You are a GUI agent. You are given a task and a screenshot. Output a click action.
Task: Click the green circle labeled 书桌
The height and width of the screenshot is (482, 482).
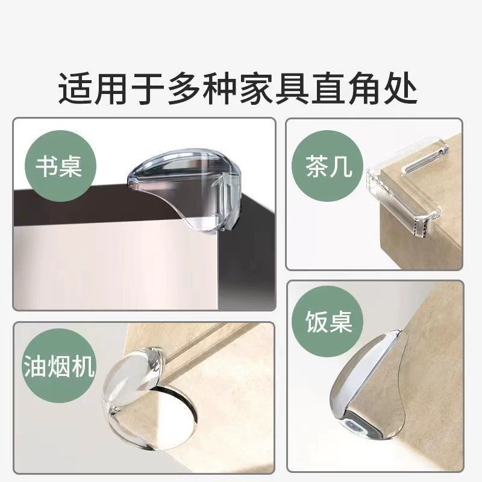(61, 166)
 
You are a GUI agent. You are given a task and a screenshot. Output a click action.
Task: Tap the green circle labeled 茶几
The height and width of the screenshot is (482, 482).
(327, 166)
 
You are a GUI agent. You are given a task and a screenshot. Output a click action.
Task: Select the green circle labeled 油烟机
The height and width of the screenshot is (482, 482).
(60, 367)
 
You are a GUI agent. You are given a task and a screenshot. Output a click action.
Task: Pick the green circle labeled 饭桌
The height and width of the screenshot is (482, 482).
(327, 322)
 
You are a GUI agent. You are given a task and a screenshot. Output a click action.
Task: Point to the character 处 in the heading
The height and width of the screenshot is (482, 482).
(399, 89)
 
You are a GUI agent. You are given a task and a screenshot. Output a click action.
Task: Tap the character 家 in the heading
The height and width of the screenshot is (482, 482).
(255, 89)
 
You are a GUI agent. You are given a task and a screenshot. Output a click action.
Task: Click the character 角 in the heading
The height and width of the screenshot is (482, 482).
(364, 89)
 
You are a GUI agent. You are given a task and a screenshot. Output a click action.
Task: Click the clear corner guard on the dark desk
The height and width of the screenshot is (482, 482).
(184, 187)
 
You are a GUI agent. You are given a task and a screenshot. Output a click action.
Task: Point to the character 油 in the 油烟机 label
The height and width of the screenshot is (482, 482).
(36, 366)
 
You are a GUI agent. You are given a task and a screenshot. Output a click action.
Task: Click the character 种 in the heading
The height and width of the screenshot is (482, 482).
(219, 89)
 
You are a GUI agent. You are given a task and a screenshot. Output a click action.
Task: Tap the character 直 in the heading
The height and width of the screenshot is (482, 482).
(328, 89)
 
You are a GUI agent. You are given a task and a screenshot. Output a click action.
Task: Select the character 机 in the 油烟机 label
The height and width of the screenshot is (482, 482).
(83, 366)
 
